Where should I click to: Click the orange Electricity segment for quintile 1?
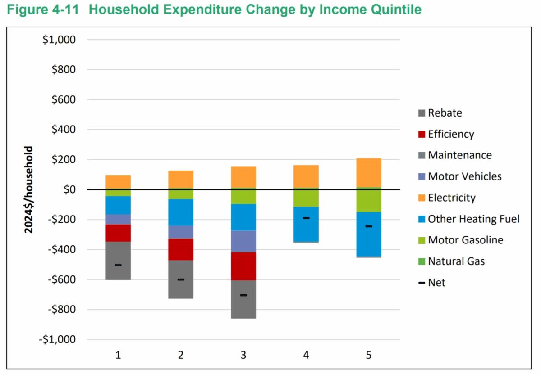tap(118, 182)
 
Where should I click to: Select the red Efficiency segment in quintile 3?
tap(243, 266)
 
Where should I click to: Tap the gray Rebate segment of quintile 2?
tap(181, 279)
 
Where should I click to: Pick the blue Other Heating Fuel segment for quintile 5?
tap(369, 234)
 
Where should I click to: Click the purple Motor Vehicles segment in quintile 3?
tap(243, 241)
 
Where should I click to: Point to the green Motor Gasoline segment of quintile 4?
tap(306, 198)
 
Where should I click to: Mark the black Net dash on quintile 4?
tap(306, 218)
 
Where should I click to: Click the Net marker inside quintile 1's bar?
tap(118, 265)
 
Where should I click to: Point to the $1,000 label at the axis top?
tap(59, 40)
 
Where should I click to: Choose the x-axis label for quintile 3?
tap(243, 355)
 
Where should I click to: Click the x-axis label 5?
tap(369, 355)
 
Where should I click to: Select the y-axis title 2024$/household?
tap(29, 189)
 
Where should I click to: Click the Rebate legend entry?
tap(445, 113)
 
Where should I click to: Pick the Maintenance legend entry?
tap(459, 155)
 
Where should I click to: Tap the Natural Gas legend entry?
tap(456, 261)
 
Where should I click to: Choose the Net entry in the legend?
tap(436, 283)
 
